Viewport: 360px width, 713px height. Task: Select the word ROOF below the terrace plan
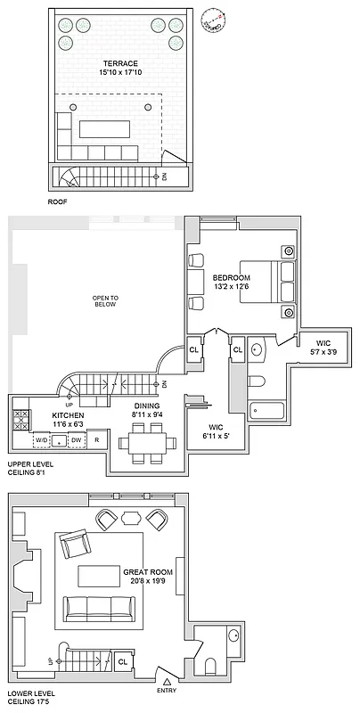(x=58, y=202)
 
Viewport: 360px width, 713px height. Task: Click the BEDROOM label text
(x=230, y=277)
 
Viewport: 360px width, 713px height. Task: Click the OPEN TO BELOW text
(x=106, y=300)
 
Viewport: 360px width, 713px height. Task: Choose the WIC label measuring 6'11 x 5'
(x=213, y=432)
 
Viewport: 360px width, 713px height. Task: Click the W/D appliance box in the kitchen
(x=40, y=440)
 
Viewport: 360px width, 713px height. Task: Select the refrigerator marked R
(x=97, y=440)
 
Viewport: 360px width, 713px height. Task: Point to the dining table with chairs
(x=144, y=438)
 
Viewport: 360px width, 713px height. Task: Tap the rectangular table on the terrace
(x=110, y=129)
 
